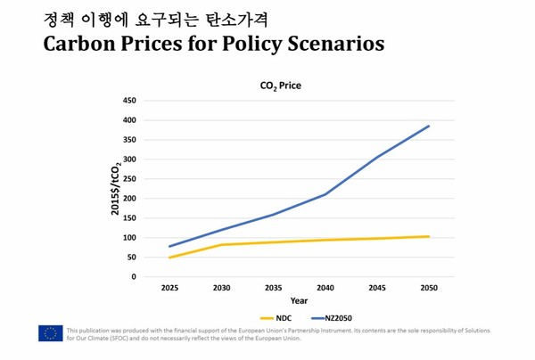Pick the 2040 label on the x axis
[x=326, y=289]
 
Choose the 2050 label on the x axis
[x=430, y=289]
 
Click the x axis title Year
[x=300, y=300]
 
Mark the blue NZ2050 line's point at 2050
[x=430, y=126]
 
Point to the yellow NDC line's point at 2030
[x=221, y=245]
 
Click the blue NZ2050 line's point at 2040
[x=325, y=194]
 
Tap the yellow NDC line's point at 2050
[x=430, y=236]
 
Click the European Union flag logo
[x=50, y=333]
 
